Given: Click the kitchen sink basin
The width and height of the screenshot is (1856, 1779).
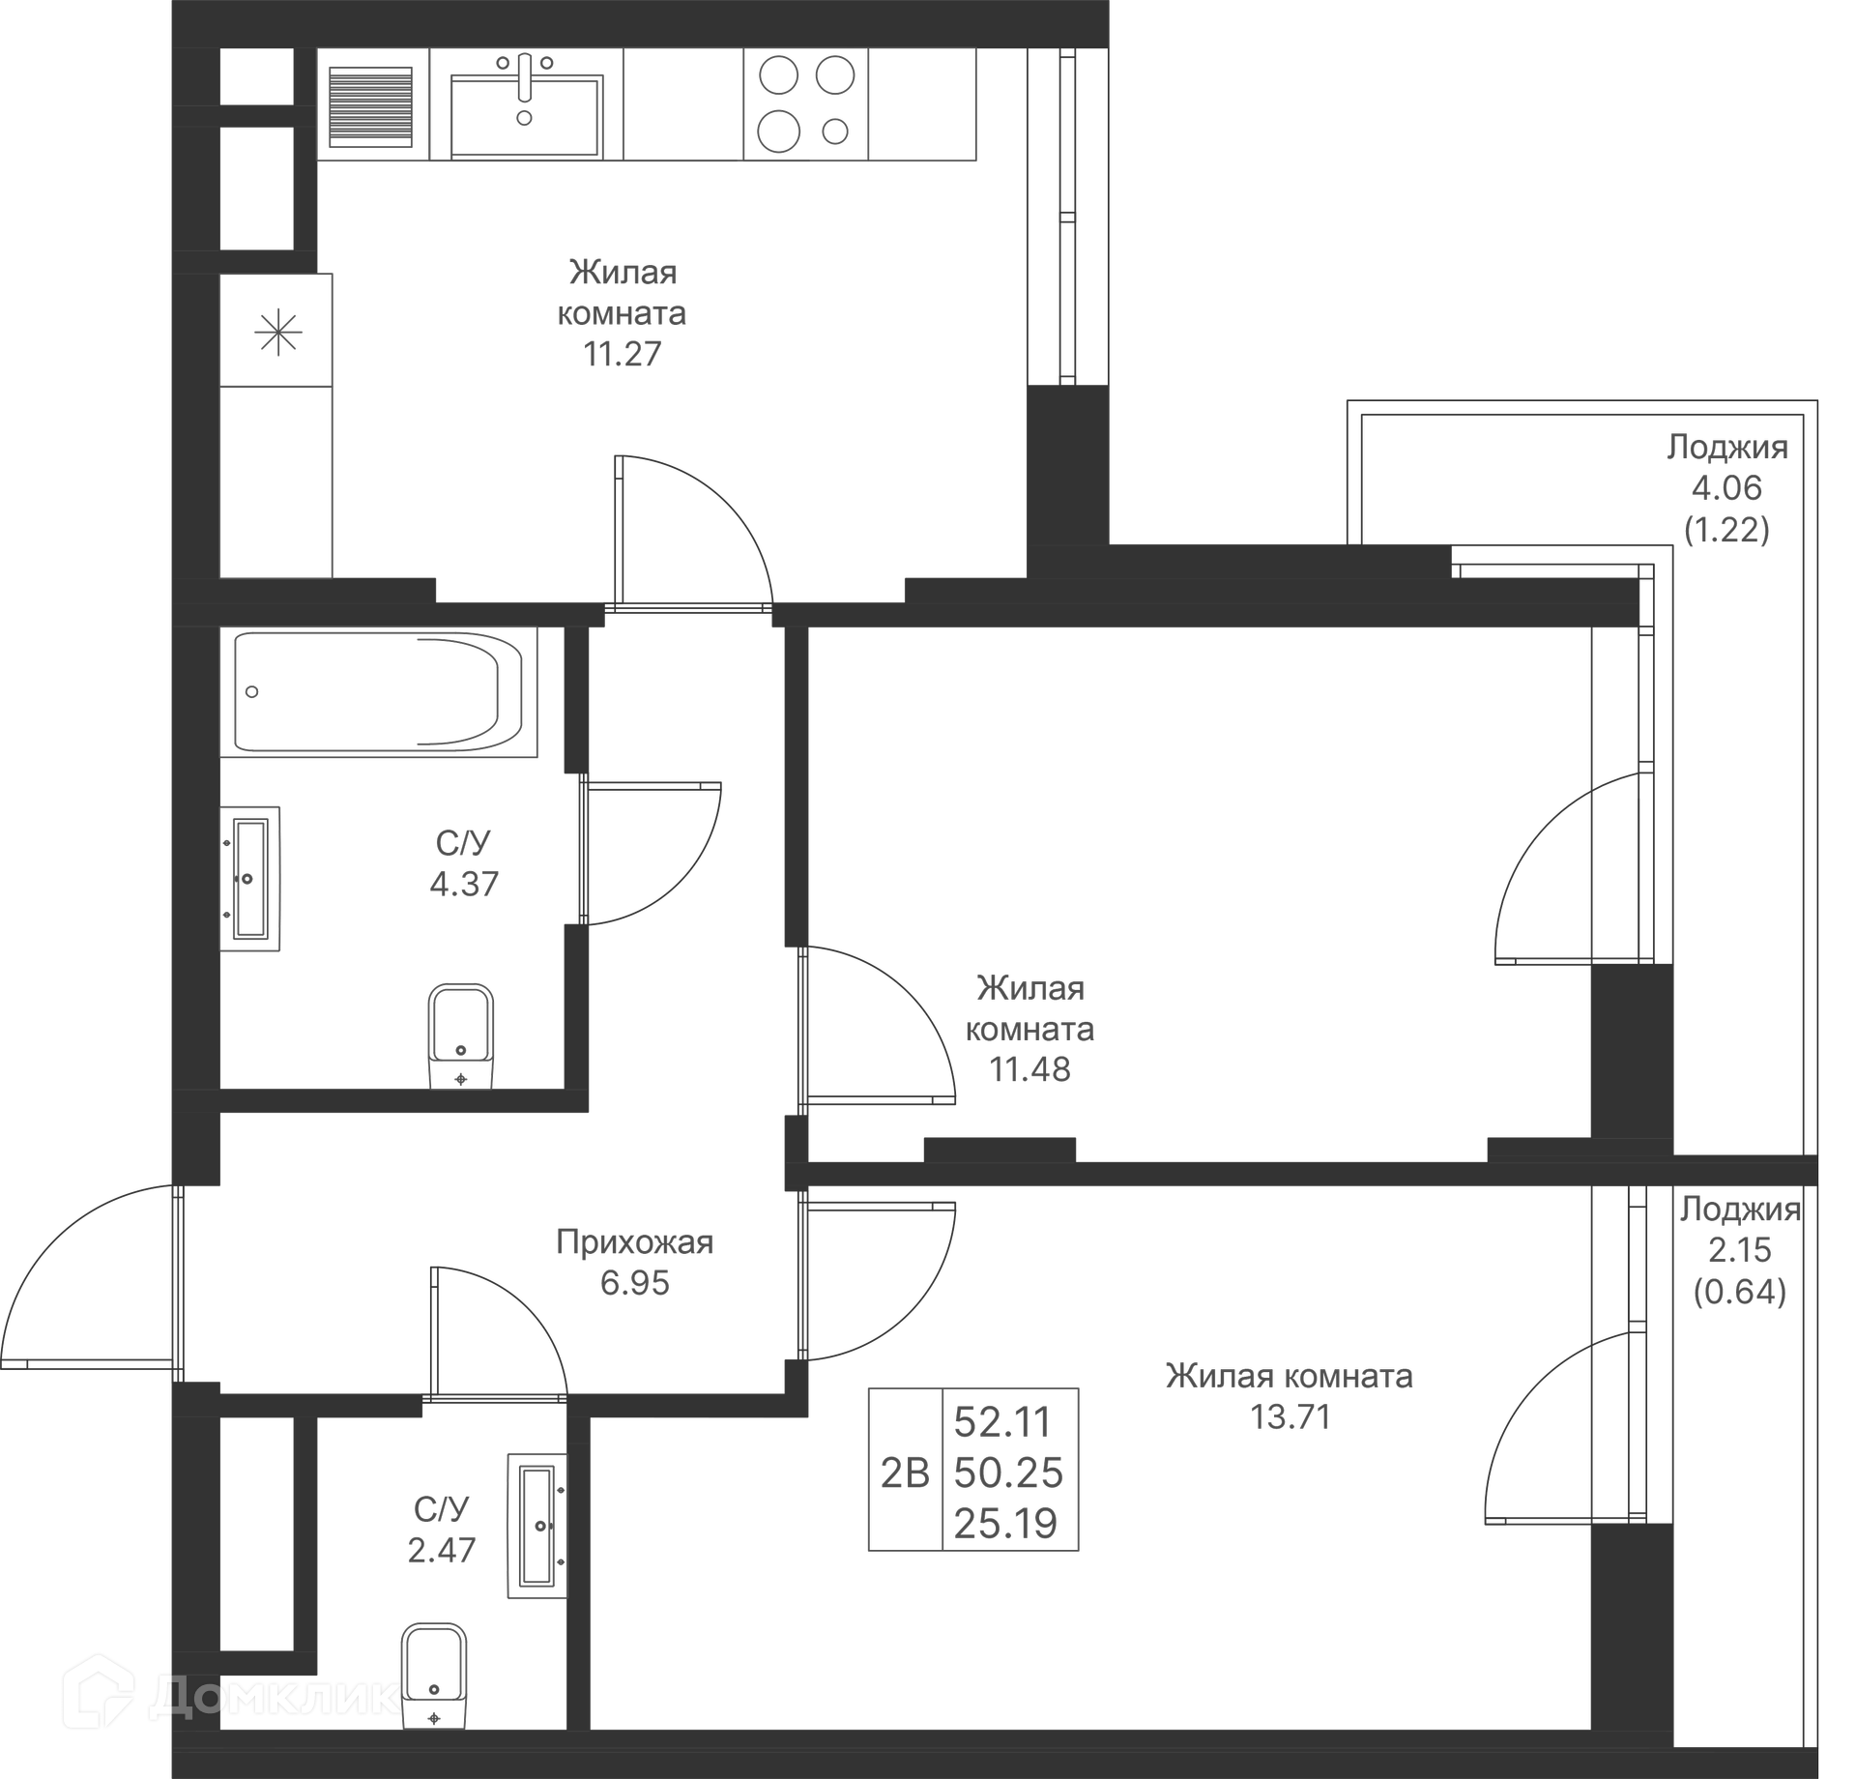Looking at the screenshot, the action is click(x=527, y=117).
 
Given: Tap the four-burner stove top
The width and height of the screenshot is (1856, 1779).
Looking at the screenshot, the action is click(x=805, y=103).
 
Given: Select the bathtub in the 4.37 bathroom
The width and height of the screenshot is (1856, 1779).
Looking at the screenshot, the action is click(x=379, y=691).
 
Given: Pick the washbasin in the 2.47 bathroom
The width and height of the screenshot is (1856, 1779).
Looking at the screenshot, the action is click(x=537, y=1526).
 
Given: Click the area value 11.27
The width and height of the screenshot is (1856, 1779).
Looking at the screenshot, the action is click(x=622, y=354).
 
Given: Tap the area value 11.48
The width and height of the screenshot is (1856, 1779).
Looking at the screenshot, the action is click(x=1029, y=1069).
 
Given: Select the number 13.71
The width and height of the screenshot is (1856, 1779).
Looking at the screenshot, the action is click(x=1290, y=1417).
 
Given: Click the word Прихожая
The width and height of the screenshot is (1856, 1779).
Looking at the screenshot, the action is click(x=634, y=1242).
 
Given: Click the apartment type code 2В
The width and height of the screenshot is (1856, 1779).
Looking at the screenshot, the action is click(x=905, y=1473).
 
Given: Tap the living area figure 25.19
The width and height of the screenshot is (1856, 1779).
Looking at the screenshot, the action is click(x=1006, y=1524).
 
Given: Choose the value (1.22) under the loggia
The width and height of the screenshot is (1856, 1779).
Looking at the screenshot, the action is click(x=1726, y=529).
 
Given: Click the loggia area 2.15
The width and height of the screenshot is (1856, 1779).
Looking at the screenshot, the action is click(x=1740, y=1250).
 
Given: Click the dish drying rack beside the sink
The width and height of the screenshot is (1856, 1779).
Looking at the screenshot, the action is click(x=371, y=105).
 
